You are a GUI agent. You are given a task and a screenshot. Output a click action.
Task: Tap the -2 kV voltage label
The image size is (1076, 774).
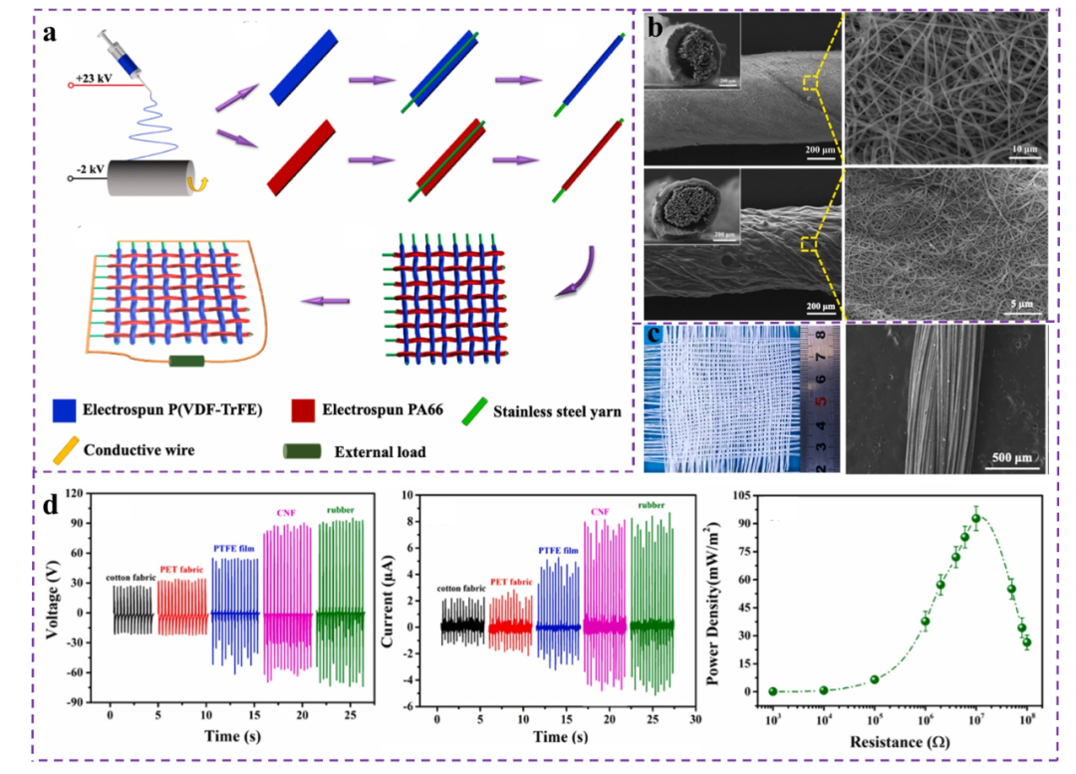(91, 169)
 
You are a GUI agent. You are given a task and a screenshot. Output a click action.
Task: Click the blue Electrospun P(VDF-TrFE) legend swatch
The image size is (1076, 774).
(67, 407)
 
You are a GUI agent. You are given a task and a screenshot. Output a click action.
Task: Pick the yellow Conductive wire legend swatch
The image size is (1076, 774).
(68, 449)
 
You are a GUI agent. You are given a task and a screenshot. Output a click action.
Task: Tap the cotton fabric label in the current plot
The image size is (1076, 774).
(461, 589)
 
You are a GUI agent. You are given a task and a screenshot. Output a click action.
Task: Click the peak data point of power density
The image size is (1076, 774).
(976, 519)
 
